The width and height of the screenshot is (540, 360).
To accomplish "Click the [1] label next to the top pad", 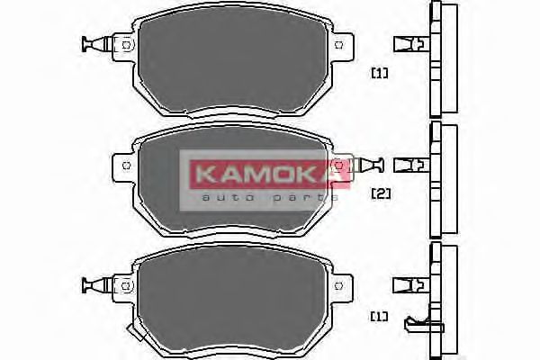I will tap(379, 73).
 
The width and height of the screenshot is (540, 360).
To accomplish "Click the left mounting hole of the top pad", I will tap(127, 44).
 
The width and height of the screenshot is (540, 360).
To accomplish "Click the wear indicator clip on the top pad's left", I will tap(94, 44).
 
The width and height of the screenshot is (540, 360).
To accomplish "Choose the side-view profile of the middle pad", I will tap(442, 180).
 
